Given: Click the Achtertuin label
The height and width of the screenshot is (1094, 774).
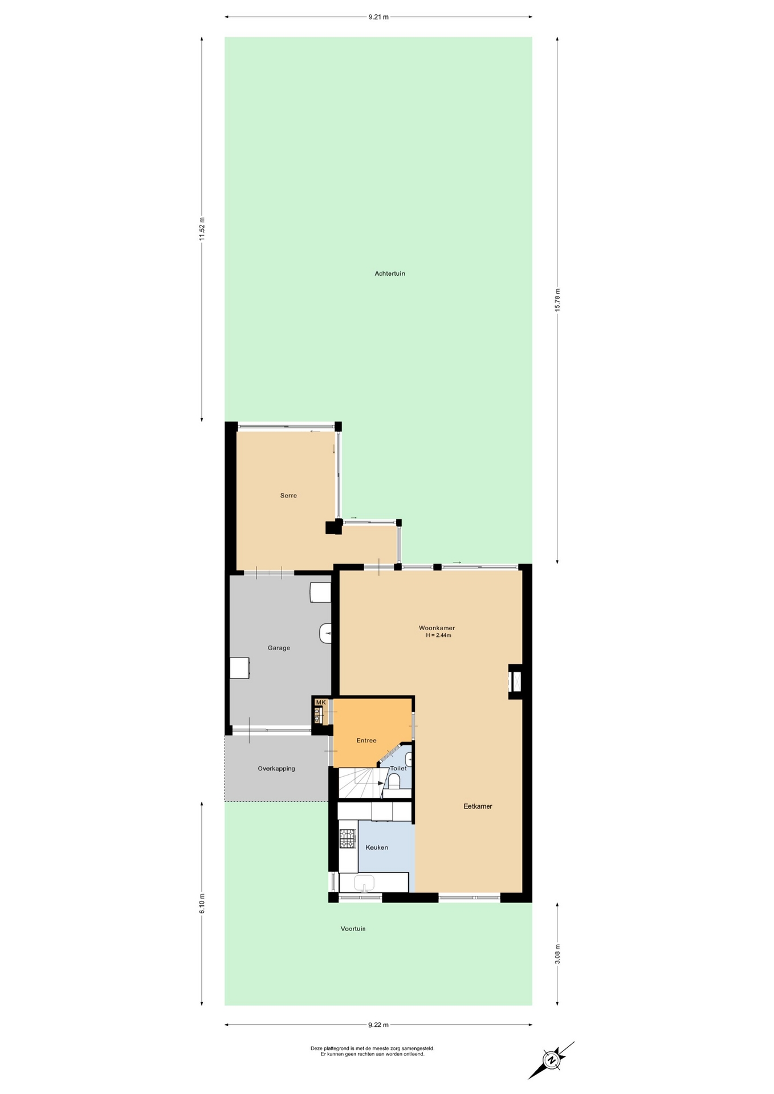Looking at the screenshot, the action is click(390, 273).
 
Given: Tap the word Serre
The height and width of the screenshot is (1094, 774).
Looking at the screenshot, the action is click(288, 496).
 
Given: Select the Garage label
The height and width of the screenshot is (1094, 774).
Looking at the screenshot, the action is click(279, 648).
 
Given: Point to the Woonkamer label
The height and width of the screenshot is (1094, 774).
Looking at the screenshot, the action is click(437, 628).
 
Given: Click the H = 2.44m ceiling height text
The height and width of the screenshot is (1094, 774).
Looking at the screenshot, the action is click(438, 635).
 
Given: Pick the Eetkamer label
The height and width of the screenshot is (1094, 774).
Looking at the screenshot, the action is click(478, 806).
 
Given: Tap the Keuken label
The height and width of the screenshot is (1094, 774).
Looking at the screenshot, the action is click(377, 847).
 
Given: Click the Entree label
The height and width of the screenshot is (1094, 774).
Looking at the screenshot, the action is click(366, 741).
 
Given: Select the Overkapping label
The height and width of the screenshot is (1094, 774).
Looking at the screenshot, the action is click(276, 769).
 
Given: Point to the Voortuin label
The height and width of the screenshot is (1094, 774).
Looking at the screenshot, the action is click(353, 929).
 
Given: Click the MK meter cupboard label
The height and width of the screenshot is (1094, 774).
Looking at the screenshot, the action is click(321, 703).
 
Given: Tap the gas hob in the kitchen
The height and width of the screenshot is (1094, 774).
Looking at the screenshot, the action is click(347, 839).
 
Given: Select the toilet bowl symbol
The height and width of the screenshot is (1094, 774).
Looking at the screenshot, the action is click(394, 780).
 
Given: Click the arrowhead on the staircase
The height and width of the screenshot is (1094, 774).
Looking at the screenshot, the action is click(381, 783).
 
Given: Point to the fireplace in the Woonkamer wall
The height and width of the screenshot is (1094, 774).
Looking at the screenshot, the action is click(516, 681).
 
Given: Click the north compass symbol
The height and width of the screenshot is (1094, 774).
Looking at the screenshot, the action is click(551, 1060).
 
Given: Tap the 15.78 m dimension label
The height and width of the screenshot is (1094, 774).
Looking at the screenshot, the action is click(557, 300).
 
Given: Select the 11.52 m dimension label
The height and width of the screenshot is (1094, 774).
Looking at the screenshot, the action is click(202, 229).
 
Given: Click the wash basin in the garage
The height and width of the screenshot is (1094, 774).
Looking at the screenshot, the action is click(325, 633).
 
